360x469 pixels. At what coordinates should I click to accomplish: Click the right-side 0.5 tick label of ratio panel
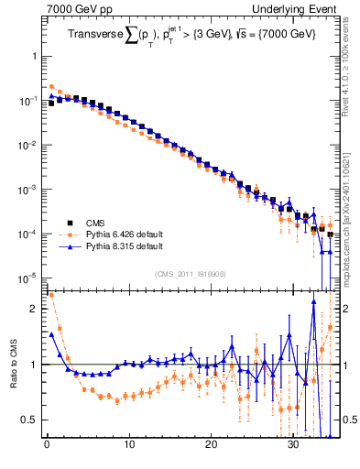pyautogui.click(x=349, y=420)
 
